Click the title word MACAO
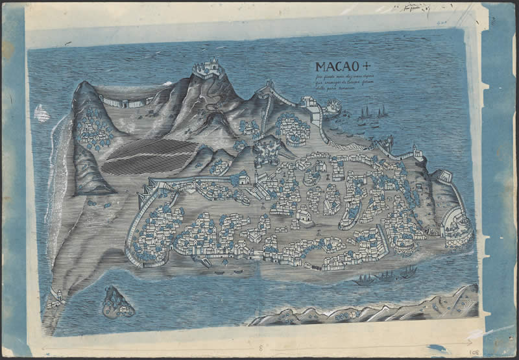(x=334, y=66)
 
